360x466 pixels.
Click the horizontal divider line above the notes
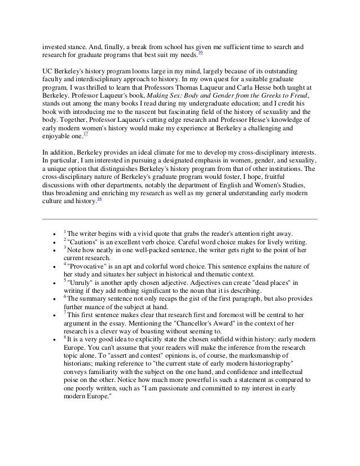click(x=180, y=219)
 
